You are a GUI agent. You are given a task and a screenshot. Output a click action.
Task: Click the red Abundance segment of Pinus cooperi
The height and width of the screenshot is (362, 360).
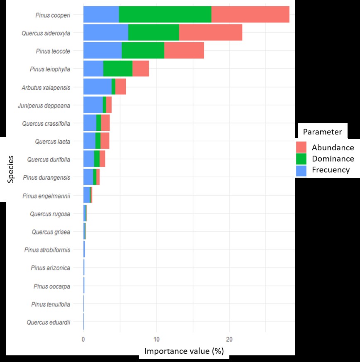point(250,15)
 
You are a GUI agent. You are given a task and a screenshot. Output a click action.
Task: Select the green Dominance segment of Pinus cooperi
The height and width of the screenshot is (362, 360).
point(165,15)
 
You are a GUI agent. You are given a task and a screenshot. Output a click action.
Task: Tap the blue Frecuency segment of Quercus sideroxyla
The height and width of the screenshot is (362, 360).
point(106,32)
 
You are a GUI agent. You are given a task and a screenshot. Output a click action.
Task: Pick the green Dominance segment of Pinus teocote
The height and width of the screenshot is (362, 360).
point(143,51)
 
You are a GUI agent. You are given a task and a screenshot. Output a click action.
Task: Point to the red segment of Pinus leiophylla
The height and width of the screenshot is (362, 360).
point(141,68)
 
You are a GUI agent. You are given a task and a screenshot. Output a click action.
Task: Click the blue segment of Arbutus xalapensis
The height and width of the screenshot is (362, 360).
point(97,86)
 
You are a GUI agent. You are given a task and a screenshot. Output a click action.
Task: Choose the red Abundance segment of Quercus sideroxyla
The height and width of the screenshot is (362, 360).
point(211,32)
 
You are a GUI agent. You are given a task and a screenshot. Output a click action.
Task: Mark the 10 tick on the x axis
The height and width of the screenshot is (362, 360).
point(156,338)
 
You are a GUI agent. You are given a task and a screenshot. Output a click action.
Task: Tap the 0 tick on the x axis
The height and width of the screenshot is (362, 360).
point(83,338)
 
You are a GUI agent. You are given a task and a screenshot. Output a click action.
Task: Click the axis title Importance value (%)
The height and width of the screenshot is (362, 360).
point(184,351)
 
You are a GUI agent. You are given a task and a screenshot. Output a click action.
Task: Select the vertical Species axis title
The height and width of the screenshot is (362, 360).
point(11,169)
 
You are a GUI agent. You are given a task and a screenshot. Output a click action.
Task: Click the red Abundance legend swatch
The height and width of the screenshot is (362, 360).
point(301,147)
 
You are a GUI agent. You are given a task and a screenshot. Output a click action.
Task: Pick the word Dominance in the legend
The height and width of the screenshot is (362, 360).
point(333,159)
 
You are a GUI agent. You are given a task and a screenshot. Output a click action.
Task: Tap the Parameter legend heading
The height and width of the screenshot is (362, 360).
point(322,132)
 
